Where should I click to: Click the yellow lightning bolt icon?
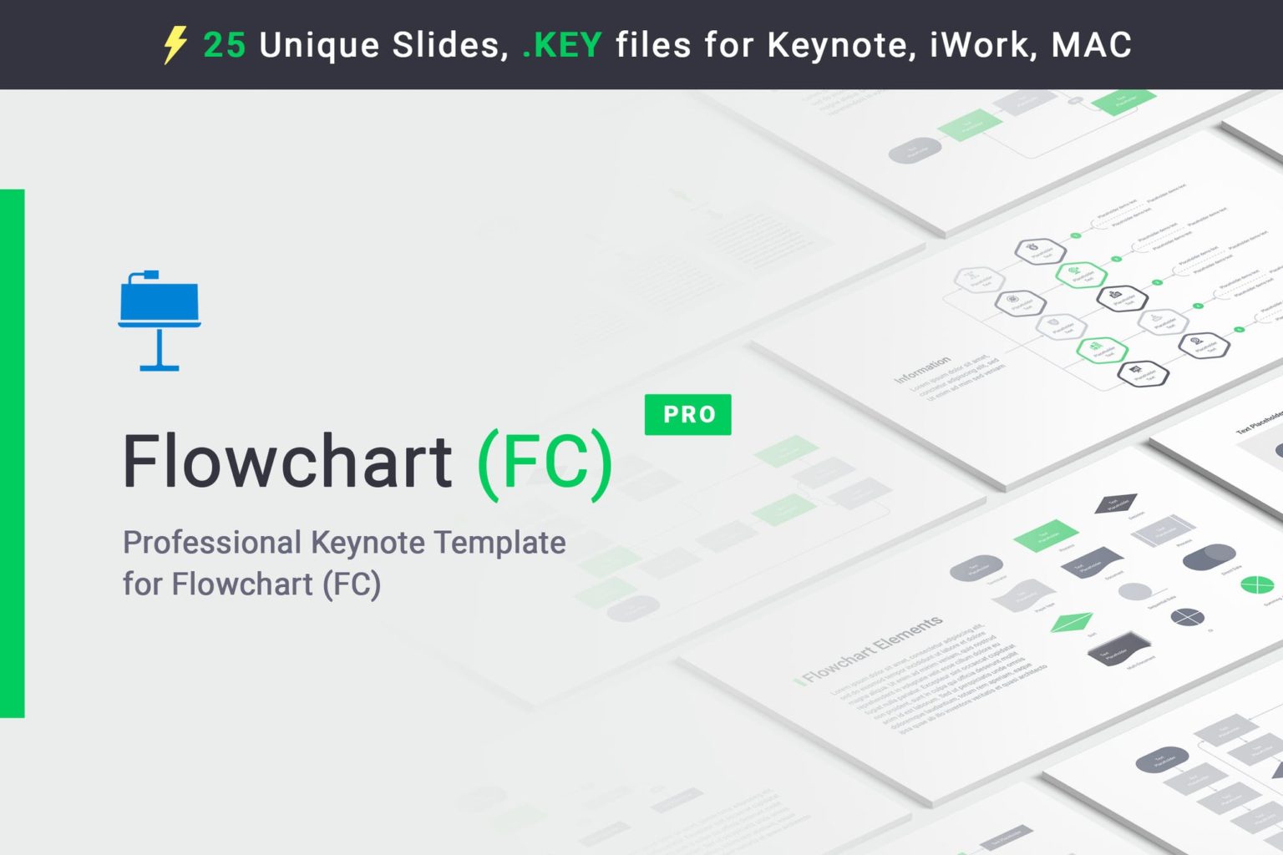pyautogui.click(x=175, y=44)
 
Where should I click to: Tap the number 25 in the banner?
pyautogui.click(x=224, y=45)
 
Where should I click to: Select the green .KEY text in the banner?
pyautogui.click(x=561, y=45)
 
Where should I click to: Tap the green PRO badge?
pyautogui.click(x=688, y=414)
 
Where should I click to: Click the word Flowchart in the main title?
pyautogui.click(x=287, y=461)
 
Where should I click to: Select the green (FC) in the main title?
pyautogui.click(x=545, y=464)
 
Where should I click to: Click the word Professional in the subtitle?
pyautogui.click(x=212, y=543)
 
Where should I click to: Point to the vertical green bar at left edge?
pyautogui.click(x=12, y=453)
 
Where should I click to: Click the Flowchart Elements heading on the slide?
pyautogui.click(x=873, y=648)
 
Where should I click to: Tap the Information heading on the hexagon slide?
pyautogui.click(x=922, y=369)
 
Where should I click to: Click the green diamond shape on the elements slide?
pyautogui.click(x=1072, y=622)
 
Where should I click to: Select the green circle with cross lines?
pyautogui.click(x=1257, y=584)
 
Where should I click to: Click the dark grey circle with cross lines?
pyautogui.click(x=1187, y=618)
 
